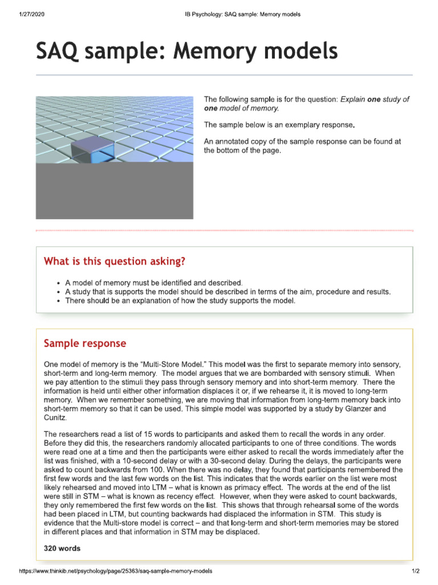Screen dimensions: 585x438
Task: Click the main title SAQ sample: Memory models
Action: [x=186, y=52]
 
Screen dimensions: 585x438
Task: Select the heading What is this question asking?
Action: [x=115, y=262]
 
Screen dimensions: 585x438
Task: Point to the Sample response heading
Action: [x=85, y=343]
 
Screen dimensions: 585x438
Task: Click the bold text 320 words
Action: [x=62, y=548]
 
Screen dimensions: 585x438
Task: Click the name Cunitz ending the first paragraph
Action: [x=55, y=418]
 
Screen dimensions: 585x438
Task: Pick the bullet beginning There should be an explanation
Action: [x=180, y=300]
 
